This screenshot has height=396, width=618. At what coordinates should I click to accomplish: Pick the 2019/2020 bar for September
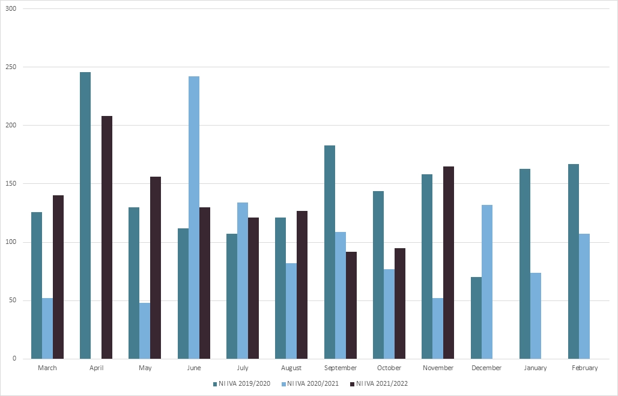330,252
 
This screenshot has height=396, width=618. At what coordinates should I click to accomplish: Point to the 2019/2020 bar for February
574,261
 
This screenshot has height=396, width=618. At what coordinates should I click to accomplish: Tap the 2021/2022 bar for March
58,277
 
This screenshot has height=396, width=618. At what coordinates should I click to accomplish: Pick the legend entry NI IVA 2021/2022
383,383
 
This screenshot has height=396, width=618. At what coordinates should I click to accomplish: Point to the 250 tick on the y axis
11,67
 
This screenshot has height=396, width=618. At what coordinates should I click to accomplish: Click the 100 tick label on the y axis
11,242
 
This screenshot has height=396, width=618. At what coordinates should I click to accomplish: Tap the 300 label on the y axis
11,9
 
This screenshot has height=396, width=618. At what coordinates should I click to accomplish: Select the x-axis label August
291,368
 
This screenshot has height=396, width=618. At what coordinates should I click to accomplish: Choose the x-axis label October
389,368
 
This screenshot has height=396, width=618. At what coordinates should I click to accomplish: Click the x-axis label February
584,368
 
